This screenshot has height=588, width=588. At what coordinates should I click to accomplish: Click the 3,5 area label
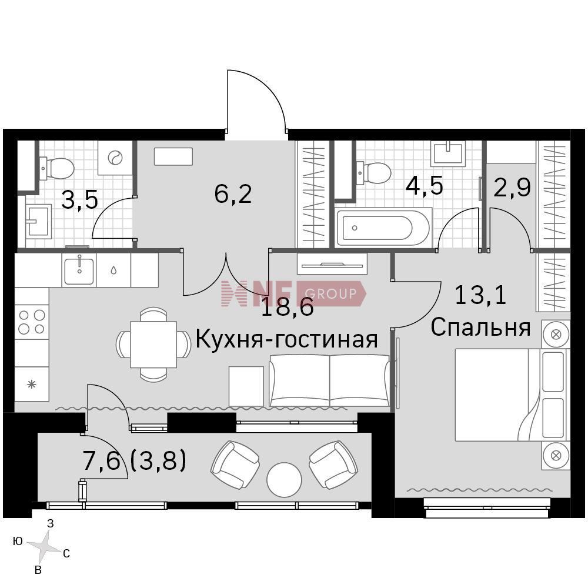point(79,199)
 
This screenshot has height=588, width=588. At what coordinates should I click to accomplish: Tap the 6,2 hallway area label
point(233,194)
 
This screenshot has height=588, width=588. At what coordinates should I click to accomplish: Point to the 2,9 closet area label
point(512,187)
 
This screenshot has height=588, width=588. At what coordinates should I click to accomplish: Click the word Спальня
point(480,327)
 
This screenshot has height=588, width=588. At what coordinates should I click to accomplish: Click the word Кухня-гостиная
point(286,339)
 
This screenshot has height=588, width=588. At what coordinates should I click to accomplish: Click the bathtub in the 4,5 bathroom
point(384,228)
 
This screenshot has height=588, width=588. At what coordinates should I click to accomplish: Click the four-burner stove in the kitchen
point(32,322)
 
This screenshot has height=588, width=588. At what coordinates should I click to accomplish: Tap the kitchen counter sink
point(79,270)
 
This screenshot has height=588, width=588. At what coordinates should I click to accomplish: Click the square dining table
point(153,345)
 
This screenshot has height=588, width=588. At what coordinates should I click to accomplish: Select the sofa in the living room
point(330,380)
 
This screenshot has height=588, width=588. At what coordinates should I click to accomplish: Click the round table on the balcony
point(284,480)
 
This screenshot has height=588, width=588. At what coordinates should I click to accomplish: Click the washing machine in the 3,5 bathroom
point(115,158)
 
